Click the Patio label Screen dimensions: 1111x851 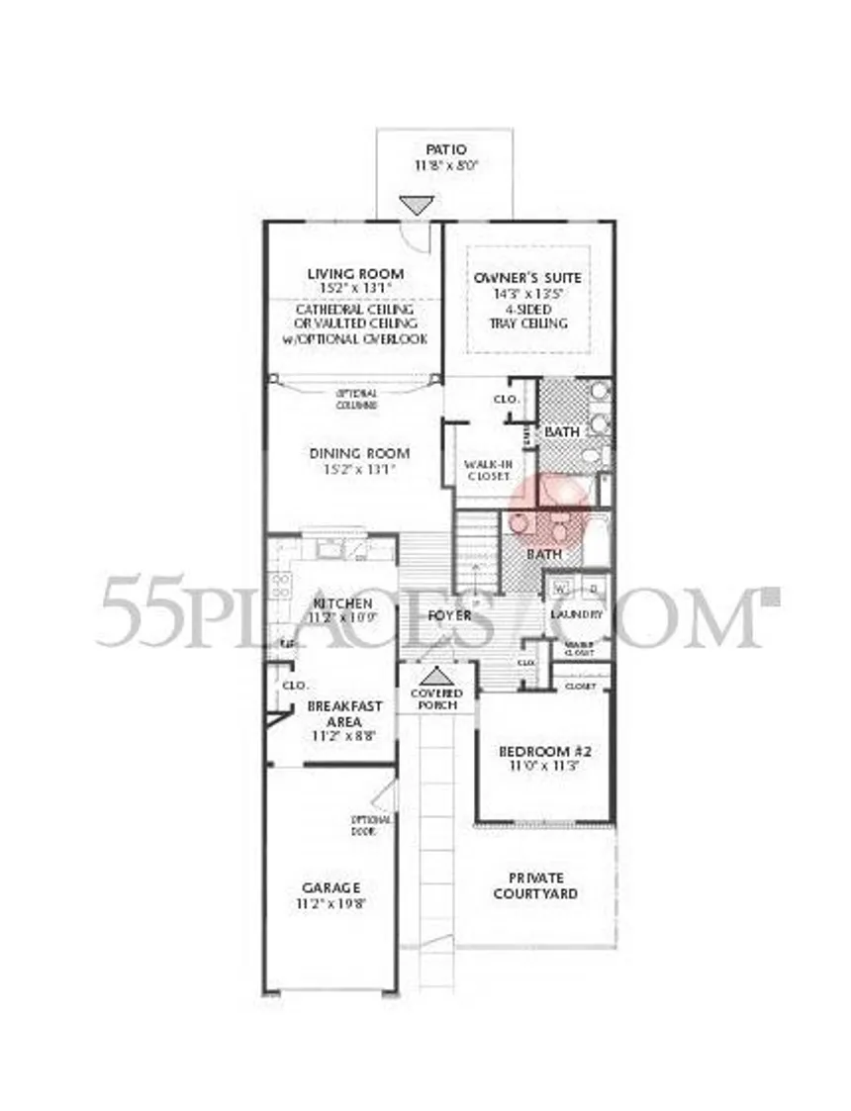(446, 149)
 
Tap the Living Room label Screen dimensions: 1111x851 (354, 273)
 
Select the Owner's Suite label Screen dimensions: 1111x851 (527, 278)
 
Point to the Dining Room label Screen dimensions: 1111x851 (359, 453)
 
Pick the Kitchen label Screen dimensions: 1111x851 (342, 603)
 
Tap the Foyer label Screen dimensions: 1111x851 (448, 615)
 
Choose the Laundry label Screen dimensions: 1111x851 (577, 614)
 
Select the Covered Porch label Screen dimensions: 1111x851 (436, 699)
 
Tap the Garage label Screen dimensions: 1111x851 (331, 887)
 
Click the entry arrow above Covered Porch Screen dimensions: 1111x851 (435, 676)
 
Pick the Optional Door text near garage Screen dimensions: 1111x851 (372, 824)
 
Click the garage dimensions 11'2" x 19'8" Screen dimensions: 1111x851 (331, 903)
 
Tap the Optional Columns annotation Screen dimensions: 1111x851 (356, 399)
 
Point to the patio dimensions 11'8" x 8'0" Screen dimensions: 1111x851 (446, 166)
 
